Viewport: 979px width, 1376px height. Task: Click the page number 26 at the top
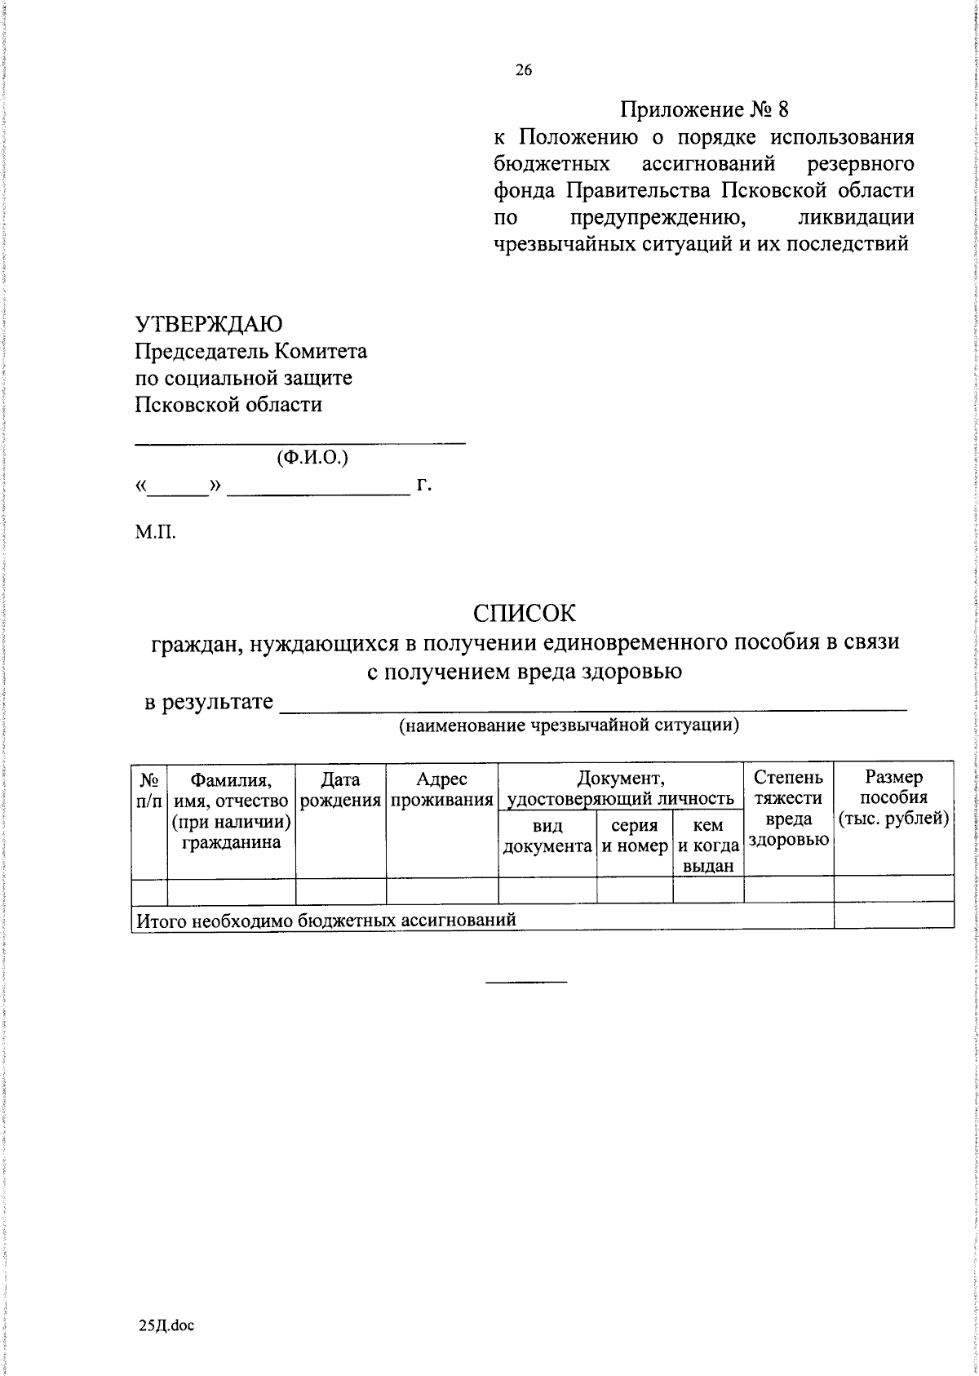(x=523, y=71)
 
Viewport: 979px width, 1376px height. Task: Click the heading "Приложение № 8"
(x=705, y=109)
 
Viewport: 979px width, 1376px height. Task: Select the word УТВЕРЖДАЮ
(x=209, y=324)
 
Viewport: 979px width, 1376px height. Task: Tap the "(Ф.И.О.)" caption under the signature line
(x=312, y=457)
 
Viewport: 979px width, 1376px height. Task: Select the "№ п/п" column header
(x=148, y=789)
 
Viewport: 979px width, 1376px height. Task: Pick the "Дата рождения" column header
(x=341, y=789)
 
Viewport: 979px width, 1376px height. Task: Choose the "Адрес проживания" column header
(x=442, y=789)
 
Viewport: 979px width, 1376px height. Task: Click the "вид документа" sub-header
(x=547, y=837)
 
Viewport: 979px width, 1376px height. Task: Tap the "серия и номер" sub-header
(x=635, y=837)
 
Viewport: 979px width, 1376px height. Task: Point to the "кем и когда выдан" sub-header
(x=708, y=846)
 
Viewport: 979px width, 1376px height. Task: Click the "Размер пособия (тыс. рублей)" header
(x=894, y=797)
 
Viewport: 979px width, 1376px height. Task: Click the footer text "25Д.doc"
(x=166, y=1325)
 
